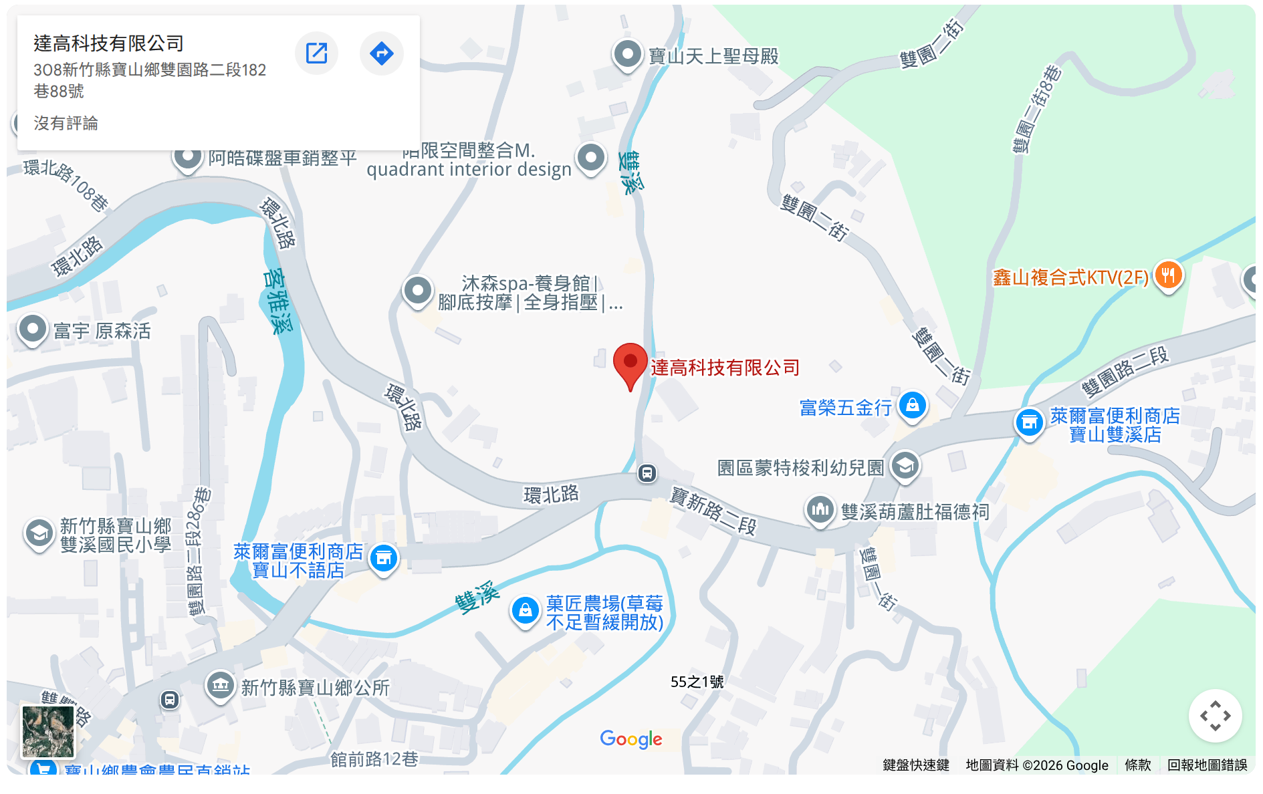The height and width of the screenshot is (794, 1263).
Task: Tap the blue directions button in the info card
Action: tap(381, 53)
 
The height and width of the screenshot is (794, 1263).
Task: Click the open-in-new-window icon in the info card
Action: tap(316, 53)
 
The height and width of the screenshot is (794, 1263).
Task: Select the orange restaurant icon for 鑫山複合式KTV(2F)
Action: tap(1168, 275)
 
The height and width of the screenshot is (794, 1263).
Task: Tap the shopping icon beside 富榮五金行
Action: tap(913, 405)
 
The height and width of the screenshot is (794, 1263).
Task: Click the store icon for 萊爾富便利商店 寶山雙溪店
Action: tap(1030, 422)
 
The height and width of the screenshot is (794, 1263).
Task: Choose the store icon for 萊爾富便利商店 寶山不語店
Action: tap(384, 558)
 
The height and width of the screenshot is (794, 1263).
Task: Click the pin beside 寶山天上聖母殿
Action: tap(627, 54)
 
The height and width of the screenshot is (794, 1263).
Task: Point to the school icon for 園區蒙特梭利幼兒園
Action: tap(905, 465)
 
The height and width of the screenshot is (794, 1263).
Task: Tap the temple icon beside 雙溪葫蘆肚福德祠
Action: tap(820, 511)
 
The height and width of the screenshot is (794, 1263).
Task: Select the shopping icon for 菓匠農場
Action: tap(526, 611)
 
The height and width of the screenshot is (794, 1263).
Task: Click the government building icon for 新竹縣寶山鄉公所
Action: tap(220, 685)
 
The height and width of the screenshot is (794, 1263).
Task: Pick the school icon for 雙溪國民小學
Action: tap(39, 534)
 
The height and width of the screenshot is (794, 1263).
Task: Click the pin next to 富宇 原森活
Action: tap(33, 329)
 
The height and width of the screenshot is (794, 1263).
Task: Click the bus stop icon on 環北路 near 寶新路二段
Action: tap(647, 473)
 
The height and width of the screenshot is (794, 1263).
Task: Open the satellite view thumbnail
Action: tap(48, 731)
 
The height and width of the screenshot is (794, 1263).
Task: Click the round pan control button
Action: tap(1215, 716)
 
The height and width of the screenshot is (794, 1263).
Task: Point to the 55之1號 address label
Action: tap(697, 682)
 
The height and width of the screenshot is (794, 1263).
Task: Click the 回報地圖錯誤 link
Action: tap(1207, 765)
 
